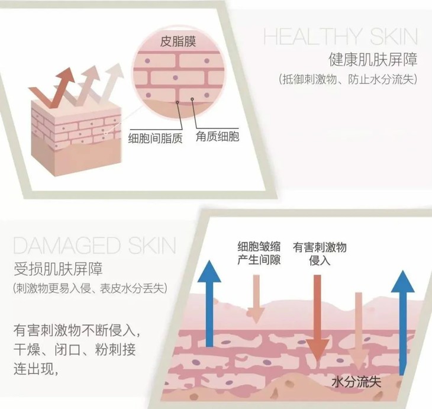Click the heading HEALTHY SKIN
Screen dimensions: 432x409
(x=340, y=37)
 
